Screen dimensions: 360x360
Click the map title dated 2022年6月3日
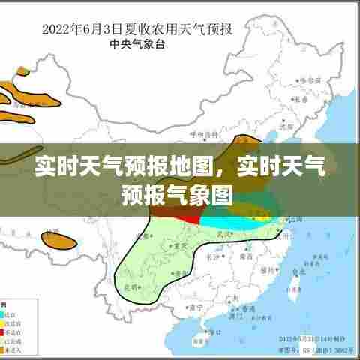[136, 31]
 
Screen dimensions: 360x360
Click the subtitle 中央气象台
[136, 44]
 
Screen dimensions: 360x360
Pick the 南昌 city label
[245, 256]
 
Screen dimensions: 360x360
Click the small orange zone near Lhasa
[63, 242]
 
